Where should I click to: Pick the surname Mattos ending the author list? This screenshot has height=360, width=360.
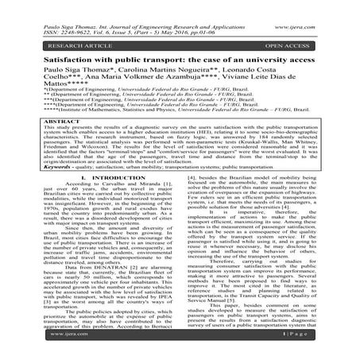(x=29, y=79)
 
